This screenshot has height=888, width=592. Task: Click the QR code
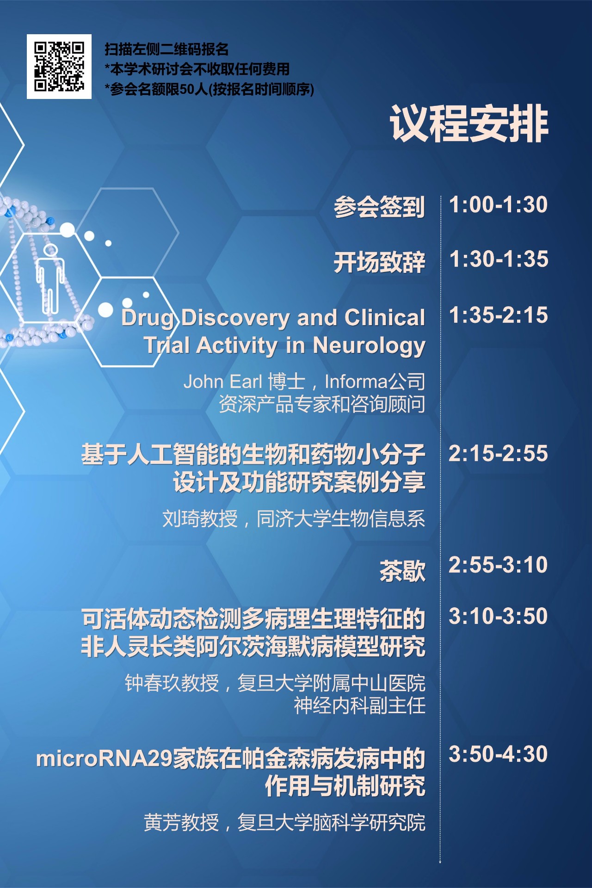pyautogui.click(x=59, y=66)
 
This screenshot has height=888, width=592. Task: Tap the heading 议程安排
pyautogui.click(x=469, y=123)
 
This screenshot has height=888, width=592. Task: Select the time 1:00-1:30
pyautogui.click(x=499, y=204)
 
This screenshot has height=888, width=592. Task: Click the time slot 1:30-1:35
pyautogui.click(x=499, y=259)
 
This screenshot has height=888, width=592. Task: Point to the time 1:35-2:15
pyautogui.click(x=499, y=315)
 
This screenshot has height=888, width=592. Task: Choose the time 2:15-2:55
pyautogui.click(x=498, y=453)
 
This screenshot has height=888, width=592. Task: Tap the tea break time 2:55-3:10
pyautogui.click(x=498, y=565)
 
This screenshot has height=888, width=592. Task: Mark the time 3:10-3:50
pyautogui.click(x=498, y=616)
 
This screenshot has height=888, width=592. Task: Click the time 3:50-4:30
pyautogui.click(x=498, y=754)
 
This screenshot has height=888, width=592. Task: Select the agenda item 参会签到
pyautogui.click(x=379, y=207)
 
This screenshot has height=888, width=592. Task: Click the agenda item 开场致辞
pyautogui.click(x=379, y=262)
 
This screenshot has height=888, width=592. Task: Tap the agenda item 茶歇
pyautogui.click(x=402, y=571)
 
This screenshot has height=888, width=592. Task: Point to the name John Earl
pyautogui.click(x=223, y=382)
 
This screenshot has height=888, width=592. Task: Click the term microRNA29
pyautogui.click(x=104, y=758)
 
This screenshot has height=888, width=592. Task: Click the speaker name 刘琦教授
pyautogui.click(x=200, y=519)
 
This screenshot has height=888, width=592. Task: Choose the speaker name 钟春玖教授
pyautogui.click(x=172, y=683)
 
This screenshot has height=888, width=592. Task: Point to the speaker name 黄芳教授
pyautogui.click(x=181, y=823)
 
